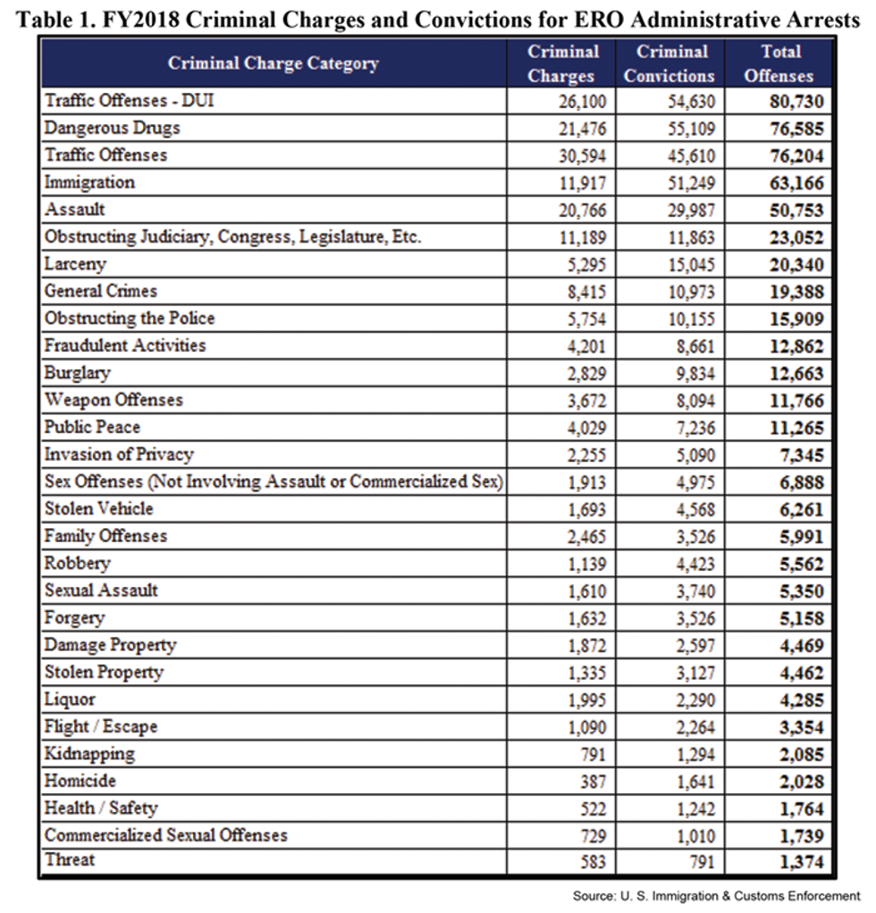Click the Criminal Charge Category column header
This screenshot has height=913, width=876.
[x=273, y=63]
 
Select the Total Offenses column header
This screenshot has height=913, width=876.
[x=779, y=63]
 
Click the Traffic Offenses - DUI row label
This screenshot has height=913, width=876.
[x=130, y=101]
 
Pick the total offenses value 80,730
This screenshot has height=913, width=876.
[x=796, y=102]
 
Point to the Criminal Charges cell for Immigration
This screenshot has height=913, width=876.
[x=580, y=183]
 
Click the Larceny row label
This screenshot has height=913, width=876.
[x=75, y=264]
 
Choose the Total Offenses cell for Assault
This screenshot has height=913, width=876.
[x=796, y=211]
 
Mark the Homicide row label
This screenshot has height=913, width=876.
[x=80, y=781]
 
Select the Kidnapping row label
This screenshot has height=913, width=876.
[x=89, y=754]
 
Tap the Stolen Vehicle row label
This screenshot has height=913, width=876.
[x=99, y=509]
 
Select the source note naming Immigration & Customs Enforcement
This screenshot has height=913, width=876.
[x=716, y=895]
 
